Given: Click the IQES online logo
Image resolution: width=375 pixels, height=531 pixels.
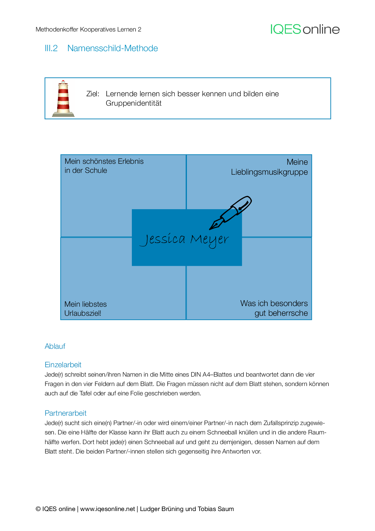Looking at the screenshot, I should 305,29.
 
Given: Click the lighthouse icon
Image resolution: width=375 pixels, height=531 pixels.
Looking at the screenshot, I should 63,99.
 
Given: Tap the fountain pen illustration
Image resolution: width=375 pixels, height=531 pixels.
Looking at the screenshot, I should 231,213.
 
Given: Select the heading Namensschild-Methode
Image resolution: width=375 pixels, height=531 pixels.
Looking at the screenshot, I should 112,48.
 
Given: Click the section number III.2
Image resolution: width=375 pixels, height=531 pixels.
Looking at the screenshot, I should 51,48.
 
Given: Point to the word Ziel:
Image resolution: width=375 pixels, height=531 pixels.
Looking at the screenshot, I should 93,94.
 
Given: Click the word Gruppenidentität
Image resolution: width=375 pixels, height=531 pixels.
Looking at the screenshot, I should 133,103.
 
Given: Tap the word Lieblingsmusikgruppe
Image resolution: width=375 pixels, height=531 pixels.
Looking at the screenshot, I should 269,172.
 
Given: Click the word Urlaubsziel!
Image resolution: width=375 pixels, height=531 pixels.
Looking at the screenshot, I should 83,313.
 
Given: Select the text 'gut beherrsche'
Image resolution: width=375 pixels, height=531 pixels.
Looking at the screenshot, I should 281,313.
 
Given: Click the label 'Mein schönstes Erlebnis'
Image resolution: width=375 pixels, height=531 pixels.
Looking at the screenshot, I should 104,161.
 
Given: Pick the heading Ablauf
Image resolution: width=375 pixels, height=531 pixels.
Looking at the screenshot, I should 55,346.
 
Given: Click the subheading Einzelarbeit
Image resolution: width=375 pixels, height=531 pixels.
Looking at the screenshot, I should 63,365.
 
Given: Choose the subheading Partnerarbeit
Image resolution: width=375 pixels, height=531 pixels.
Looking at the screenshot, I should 65,413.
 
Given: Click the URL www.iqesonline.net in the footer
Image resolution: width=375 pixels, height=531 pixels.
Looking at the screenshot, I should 107,509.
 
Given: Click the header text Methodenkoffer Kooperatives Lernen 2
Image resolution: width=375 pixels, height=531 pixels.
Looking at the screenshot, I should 88,29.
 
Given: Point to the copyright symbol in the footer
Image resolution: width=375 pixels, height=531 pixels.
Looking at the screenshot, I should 38,509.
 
